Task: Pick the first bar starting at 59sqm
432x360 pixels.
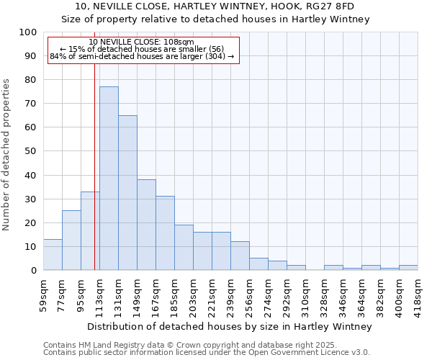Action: [x=53, y=255]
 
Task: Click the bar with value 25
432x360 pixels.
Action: [x=71, y=240]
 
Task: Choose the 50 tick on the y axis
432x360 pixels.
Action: [x=30, y=151]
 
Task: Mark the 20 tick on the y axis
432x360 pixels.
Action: [x=30, y=222]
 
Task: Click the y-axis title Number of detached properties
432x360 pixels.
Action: [x=7, y=155]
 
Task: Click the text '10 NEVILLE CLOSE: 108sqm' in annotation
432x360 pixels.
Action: [x=143, y=42]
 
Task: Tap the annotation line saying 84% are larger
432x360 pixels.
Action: [x=143, y=56]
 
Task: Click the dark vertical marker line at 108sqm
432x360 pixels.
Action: [x=94, y=166]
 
